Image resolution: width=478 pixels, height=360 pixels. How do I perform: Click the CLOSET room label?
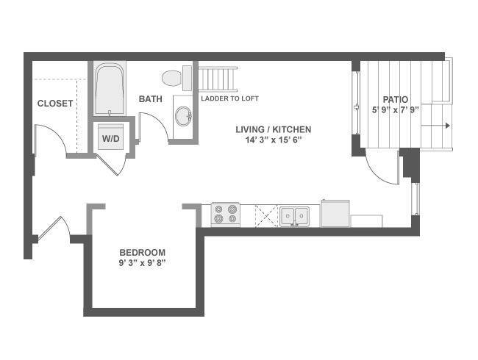pyautogui.click(x=55, y=104)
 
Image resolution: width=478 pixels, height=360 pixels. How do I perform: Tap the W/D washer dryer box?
pyautogui.click(x=110, y=139)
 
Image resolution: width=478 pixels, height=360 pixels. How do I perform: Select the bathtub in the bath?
pyautogui.click(x=110, y=89)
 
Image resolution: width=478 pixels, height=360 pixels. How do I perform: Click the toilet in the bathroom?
pyautogui.click(x=176, y=78)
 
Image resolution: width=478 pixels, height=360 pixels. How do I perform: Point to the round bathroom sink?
pyautogui.click(x=184, y=116)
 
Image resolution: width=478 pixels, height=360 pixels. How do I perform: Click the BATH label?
pyautogui.click(x=150, y=99)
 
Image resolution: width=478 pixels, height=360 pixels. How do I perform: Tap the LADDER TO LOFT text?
pyautogui.click(x=229, y=98)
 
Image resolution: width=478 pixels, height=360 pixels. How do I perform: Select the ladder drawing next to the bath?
pyautogui.click(x=218, y=79)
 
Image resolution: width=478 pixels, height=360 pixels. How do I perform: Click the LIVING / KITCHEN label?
pyautogui.click(x=273, y=129)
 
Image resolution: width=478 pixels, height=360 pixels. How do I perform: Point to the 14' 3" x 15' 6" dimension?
pyautogui.click(x=273, y=140)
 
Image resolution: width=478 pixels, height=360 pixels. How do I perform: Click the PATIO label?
pyautogui.click(x=395, y=100)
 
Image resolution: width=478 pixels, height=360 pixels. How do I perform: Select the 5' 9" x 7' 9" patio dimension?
pyautogui.click(x=396, y=110)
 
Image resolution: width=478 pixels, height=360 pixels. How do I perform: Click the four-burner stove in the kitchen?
pyautogui.click(x=226, y=215)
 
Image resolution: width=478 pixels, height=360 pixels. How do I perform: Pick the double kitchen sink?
pyautogui.click(x=294, y=216)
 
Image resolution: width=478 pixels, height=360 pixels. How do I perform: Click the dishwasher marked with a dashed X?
pyautogui.click(x=267, y=216)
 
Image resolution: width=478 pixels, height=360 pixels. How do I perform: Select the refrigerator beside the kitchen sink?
pyautogui.click(x=335, y=213)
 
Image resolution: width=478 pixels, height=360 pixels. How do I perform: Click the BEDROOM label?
pyautogui.click(x=143, y=253)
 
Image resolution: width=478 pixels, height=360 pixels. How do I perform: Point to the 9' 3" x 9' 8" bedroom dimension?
pyautogui.click(x=143, y=263)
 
